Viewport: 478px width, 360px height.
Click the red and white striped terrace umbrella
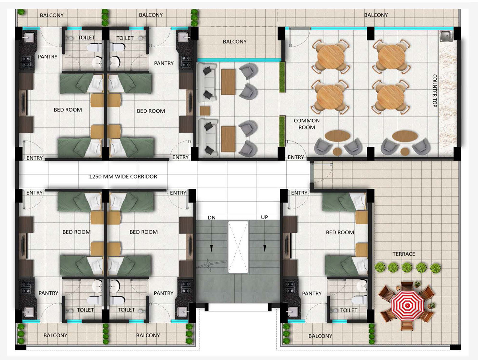pyautogui.click(x=407, y=306)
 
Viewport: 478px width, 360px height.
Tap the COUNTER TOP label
pyautogui.click(x=434, y=91)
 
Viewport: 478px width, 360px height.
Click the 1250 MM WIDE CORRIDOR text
pyautogui.click(x=123, y=176)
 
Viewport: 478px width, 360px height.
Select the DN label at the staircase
pyautogui.click(x=211, y=218)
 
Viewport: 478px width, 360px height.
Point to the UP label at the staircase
pyautogui.click(x=264, y=217)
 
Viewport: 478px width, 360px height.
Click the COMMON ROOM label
pyautogui.click(x=306, y=124)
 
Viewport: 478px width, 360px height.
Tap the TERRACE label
pyautogui.click(x=404, y=254)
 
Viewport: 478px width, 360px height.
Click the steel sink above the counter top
pyautogui.click(x=446, y=36)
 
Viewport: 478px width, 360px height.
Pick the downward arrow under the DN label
pyautogui.click(x=211, y=248)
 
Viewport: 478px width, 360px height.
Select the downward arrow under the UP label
pyautogui.click(x=265, y=248)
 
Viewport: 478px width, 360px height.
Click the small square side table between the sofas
pyautogui.click(x=205, y=111)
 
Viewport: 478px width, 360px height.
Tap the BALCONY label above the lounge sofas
pyautogui.click(x=235, y=41)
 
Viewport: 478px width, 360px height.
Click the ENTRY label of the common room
pyautogui.click(x=295, y=157)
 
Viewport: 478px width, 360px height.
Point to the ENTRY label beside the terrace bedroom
pyautogui.click(x=299, y=193)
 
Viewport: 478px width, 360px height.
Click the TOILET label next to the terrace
pyautogui.click(x=349, y=310)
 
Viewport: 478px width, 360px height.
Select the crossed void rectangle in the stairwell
pyautogui.click(x=238, y=247)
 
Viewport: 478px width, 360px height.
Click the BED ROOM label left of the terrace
pyautogui.click(x=340, y=232)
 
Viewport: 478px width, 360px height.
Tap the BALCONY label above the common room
pyautogui.click(x=376, y=15)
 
